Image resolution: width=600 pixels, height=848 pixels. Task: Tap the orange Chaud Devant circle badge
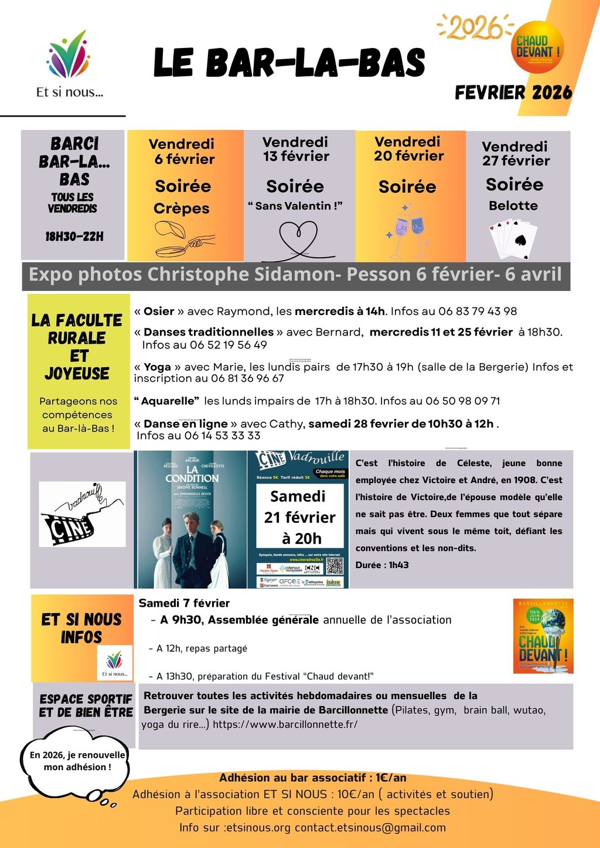(537, 47)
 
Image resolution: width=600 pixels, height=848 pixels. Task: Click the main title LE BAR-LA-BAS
(289, 63)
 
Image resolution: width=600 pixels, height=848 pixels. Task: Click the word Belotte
(513, 206)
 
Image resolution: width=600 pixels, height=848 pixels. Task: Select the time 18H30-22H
(74, 237)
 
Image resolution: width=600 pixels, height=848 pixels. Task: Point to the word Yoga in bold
(157, 367)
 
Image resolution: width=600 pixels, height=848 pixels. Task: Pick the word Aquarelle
(167, 401)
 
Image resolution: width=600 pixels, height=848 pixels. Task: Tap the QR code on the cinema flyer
(334, 566)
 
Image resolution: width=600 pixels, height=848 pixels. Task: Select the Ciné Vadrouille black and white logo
(82, 514)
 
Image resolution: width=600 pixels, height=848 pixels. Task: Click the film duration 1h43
(398, 565)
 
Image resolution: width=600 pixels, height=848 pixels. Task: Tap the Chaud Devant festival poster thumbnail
(543, 636)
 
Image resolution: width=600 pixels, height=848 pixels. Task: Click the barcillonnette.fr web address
(285, 724)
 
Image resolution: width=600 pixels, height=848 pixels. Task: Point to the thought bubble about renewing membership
(77, 761)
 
